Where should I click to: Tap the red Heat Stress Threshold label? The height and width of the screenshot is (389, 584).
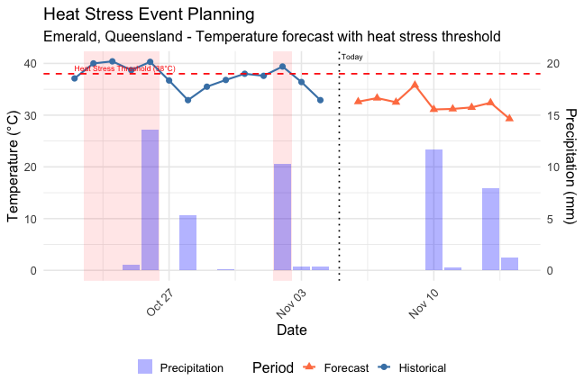(124, 68)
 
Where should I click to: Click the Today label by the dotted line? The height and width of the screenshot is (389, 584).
(352, 57)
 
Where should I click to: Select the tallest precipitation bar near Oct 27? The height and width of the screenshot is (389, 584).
(150, 200)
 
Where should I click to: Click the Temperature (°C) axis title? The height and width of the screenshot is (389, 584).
(14, 167)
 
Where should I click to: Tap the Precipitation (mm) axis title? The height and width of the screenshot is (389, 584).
(570, 167)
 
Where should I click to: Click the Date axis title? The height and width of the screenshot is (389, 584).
(291, 330)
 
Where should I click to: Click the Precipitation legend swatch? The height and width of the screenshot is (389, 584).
(145, 366)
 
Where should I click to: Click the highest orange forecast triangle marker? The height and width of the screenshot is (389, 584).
(415, 85)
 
